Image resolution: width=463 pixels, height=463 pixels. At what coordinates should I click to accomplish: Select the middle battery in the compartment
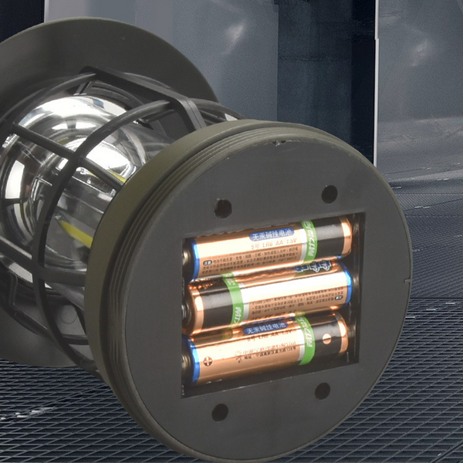[270, 293]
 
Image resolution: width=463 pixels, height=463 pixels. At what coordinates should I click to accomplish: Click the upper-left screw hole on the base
[223, 208]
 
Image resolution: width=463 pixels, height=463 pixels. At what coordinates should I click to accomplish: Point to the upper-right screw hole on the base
[330, 194]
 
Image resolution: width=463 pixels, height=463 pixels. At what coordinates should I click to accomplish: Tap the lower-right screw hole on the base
[323, 390]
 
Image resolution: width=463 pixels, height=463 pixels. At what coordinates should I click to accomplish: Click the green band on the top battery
[309, 240]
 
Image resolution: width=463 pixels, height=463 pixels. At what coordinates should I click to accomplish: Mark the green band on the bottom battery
[306, 340]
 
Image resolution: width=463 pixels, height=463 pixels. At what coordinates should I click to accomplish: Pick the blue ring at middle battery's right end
[348, 285]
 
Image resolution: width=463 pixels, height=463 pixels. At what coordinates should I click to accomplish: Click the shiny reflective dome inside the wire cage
[85, 147]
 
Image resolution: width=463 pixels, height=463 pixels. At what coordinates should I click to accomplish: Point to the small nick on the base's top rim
[274, 142]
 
